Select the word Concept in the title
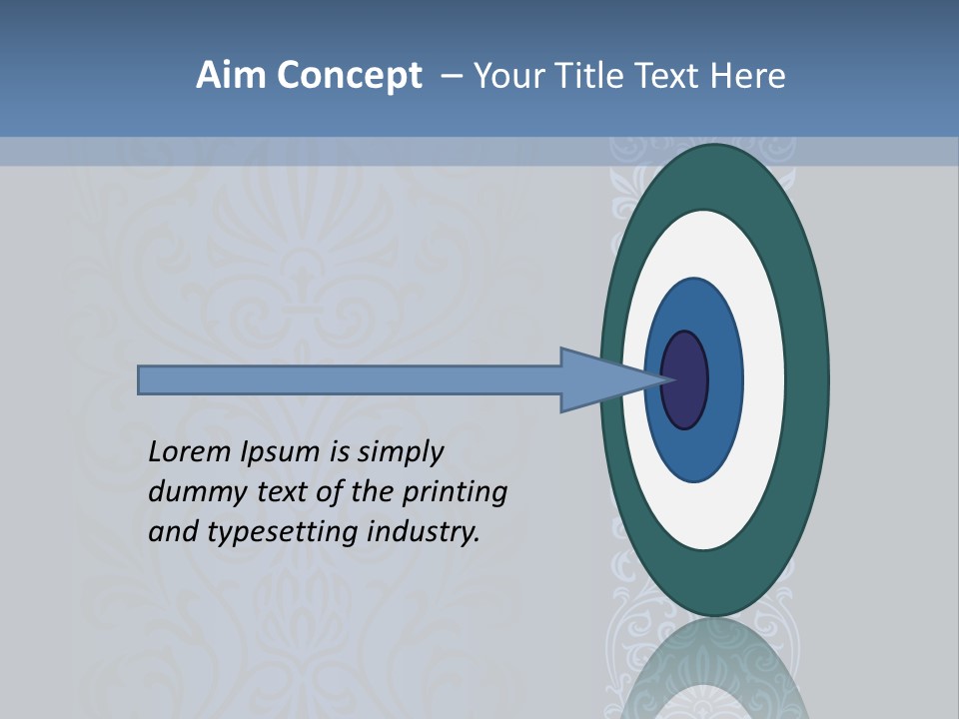[x=350, y=76]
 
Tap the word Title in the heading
[x=588, y=76]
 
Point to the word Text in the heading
[x=669, y=76]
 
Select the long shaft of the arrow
[x=350, y=380]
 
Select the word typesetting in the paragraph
[x=284, y=532]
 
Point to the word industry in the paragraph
[x=424, y=532]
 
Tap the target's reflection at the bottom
[x=714, y=669]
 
